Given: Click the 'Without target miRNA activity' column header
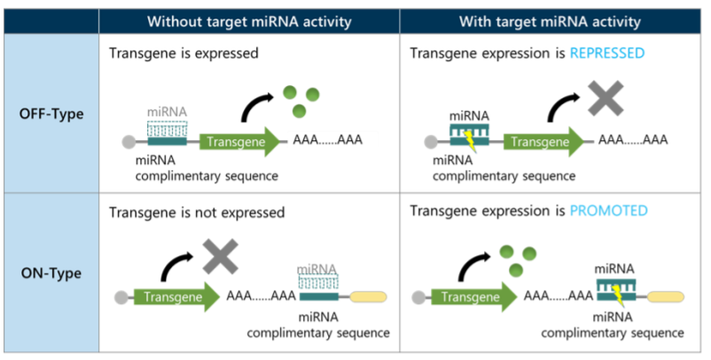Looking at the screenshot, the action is pos(249,22).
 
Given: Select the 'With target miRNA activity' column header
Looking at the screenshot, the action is pos(550,22).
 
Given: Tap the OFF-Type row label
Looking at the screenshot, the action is pos(51,113).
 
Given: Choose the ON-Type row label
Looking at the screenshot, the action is pos(51,273).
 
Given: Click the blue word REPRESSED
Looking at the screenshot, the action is pos(607,53).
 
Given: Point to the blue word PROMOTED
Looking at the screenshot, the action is pos(608,211).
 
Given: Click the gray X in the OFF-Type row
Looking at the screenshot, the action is pos(606,98).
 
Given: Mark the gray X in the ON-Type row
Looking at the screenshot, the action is pos(221,256).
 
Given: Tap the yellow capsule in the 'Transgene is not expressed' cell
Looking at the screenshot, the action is pos(368,297).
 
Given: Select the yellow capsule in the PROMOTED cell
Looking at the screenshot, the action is pos(665,297).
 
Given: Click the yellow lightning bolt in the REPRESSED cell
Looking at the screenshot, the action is pos(469,142).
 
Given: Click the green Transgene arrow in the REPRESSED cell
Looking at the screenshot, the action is pos(543,142).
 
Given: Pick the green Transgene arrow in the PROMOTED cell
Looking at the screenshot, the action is pos(473,297).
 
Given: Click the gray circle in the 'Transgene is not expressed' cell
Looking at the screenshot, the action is pos(121,297).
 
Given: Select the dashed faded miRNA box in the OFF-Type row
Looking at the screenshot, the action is pos(168,129).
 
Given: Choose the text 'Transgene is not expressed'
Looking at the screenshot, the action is pos(197,213).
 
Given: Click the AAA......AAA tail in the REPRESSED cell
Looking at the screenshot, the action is pos(633,139).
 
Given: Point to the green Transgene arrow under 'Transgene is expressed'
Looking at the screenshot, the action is pos(239,142).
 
